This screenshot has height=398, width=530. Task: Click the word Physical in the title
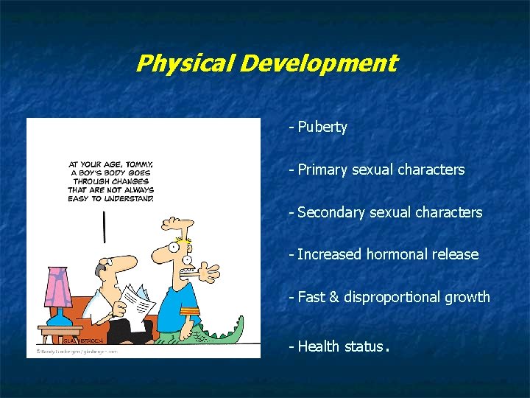pyautogui.click(x=185, y=63)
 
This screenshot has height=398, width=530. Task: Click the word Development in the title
pyautogui.click(x=318, y=63)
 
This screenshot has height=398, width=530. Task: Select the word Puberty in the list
pyautogui.click(x=322, y=127)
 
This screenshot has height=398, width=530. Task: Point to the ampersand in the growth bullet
pyautogui.click(x=333, y=297)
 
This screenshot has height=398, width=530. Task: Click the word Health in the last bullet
pyautogui.click(x=319, y=346)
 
